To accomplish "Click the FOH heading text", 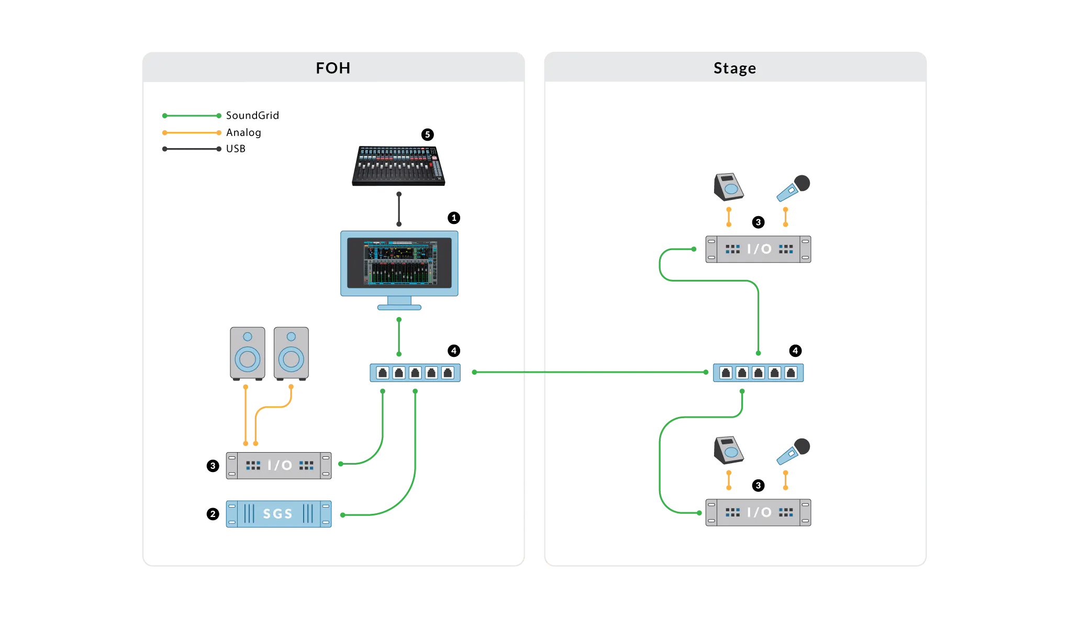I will (333, 68).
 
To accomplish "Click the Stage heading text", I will (734, 68).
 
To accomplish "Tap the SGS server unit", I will (278, 514).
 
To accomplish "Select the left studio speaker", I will (248, 353).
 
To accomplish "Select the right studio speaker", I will (291, 353).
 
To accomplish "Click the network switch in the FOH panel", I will (415, 373).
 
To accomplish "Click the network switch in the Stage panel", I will (758, 373).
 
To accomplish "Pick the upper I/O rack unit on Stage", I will (758, 249).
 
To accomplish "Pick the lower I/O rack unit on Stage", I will (758, 512).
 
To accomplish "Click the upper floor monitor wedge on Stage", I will (729, 186).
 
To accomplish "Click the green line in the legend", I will (191, 116).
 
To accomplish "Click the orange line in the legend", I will (191, 133).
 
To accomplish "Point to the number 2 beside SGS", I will (213, 514).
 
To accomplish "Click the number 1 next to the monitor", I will (454, 218).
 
